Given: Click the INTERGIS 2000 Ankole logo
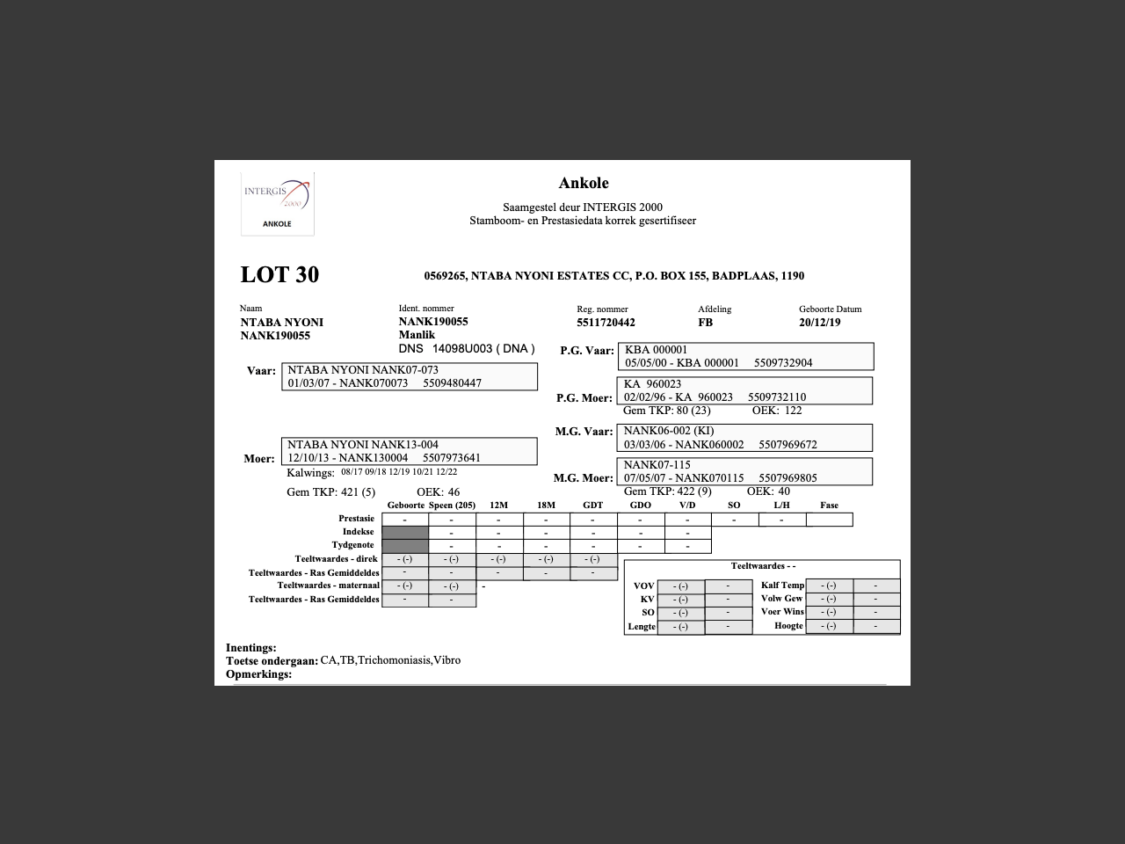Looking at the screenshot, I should (277, 203).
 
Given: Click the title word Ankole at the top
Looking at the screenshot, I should (584, 183).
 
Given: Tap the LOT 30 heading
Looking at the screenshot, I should (279, 274).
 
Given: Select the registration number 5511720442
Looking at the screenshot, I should (606, 323).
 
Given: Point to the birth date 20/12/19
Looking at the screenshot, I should (819, 323).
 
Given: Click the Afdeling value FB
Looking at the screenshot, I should (705, 323).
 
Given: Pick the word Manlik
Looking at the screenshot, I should (417, 335).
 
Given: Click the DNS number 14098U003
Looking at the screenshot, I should (461, 348).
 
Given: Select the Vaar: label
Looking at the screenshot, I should (261, 371).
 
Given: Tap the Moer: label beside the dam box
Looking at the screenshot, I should (259, 459).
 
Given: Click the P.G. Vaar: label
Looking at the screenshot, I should (587, 351).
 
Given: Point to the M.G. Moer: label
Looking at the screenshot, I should (583, 478).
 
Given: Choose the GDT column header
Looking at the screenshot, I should (593, 506).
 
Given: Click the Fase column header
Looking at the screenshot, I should (829, 506).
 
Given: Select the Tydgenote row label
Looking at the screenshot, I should (352, 545).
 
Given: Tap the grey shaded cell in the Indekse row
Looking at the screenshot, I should (405, 532).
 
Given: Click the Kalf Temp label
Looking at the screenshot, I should (782, 586).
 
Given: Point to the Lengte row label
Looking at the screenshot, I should (642, 627).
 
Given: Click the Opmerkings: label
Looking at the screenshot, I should (258, 674).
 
